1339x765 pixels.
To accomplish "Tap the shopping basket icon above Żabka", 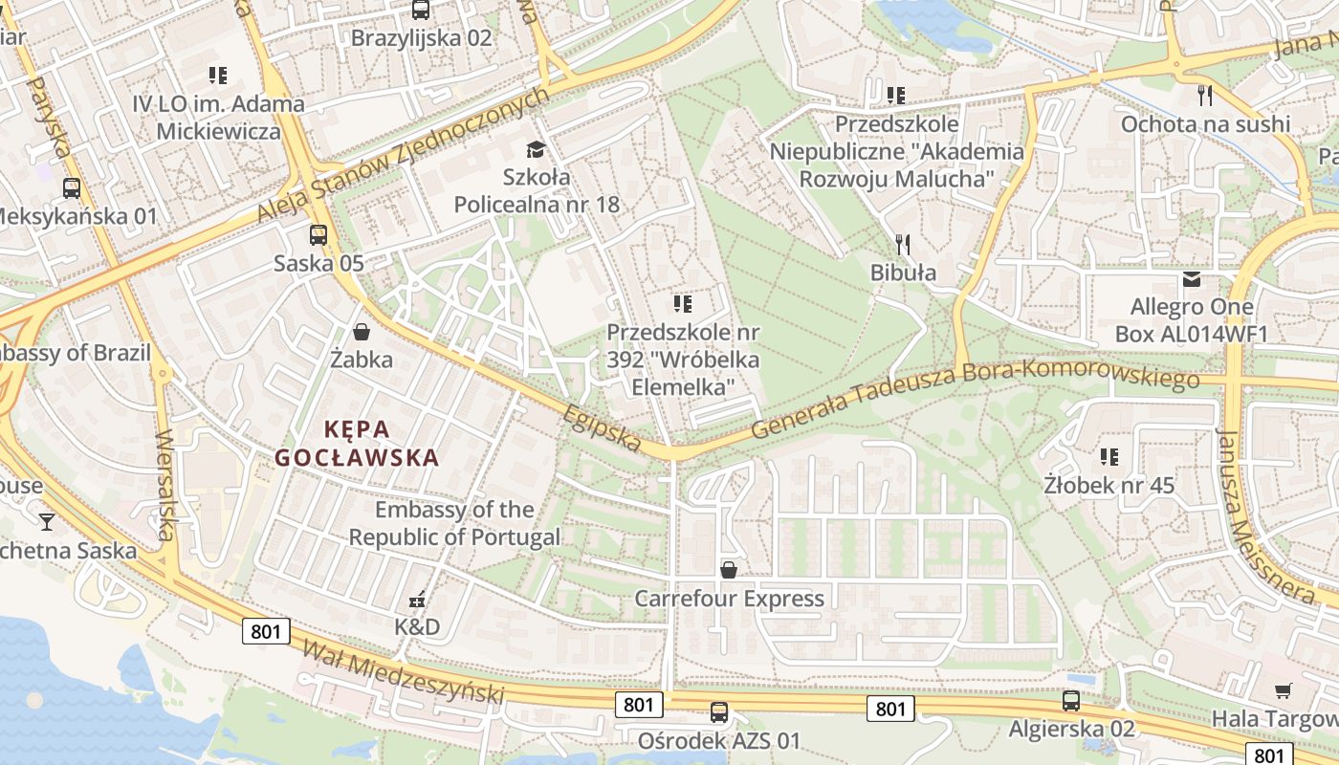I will (x=362, y=332).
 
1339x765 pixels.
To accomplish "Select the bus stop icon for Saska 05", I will (x=318, y=234).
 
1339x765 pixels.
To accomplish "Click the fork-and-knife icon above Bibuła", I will (x=901, y=244).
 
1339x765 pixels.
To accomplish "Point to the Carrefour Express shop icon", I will (x=729, y=571).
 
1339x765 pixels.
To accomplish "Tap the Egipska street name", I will (x=602, y=426).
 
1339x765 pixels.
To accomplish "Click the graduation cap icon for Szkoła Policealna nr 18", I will (x=536, y=149).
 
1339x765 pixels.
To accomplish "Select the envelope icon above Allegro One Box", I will (x=1192, y=279).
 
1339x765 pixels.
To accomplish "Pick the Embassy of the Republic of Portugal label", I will (x=454, y=523).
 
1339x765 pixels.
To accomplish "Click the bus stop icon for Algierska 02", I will (x=1071, y=700).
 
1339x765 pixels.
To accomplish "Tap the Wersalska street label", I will (x=165, y=486).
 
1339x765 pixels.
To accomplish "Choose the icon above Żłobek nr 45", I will (x=1109, y=456).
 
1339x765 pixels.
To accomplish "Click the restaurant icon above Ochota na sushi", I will (x=1205, y=95).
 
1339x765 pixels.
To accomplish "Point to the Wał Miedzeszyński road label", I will (x=403, y=673).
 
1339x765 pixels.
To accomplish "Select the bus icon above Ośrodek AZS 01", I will (x=719, y=711).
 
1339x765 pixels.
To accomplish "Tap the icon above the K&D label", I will (x=417, y=600).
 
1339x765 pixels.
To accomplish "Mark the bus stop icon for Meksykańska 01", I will (x=72, y=187).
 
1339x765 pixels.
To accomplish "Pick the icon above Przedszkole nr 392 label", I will (x=683, y=304).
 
